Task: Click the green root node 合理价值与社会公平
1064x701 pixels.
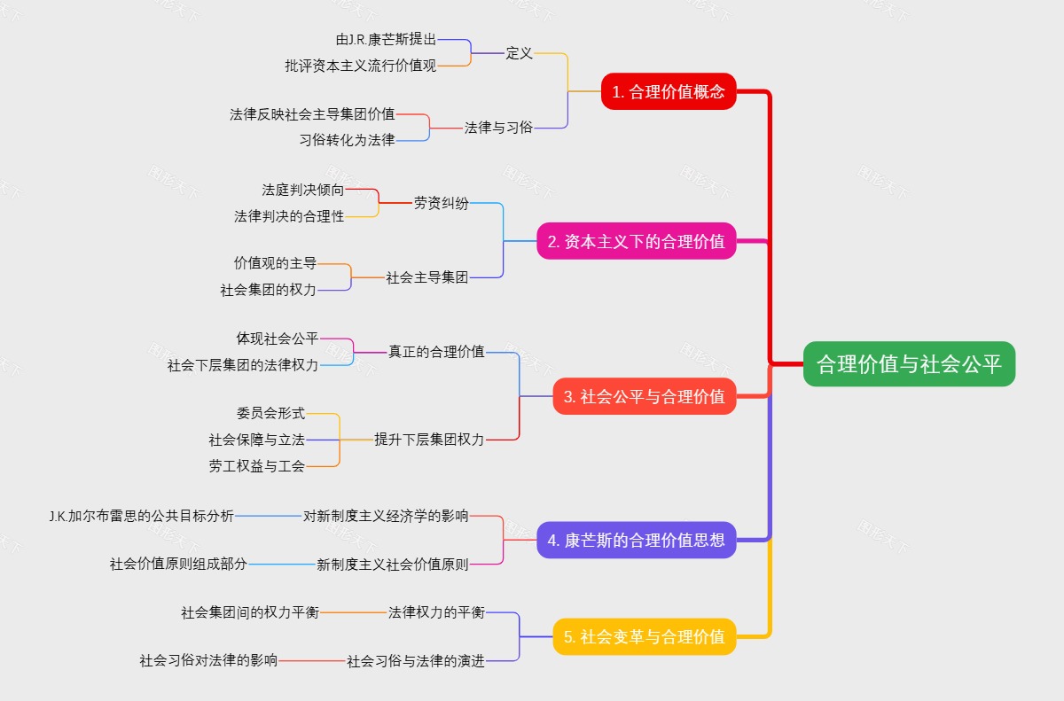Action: click(909, 363)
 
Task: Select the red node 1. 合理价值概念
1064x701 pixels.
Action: click(669, 91)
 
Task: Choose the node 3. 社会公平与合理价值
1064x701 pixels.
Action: click(644, 397)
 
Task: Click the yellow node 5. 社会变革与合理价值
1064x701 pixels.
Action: click(644, 636)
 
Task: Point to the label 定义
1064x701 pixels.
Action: click(519, 53)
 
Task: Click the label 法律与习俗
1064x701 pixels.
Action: click(498, 128)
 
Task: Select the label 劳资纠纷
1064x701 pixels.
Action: click(441, 203)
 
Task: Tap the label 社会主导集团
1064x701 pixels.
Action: click(426, 277)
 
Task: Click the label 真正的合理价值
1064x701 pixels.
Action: click(436, 351)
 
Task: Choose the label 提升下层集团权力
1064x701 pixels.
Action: click(429, 439)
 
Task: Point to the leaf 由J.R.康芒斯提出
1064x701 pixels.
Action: click(386, 40)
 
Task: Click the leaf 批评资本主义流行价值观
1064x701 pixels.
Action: click(360, 66)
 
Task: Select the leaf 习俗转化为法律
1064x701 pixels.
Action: click(347, 140)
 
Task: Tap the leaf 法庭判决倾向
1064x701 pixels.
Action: click(302, 190)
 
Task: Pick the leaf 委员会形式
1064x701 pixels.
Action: click(270, 413)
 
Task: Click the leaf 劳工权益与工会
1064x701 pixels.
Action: click(257, 466)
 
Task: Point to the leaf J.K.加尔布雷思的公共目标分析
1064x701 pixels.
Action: click(142, 516)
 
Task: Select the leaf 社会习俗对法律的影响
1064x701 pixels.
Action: click(208, 660)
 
